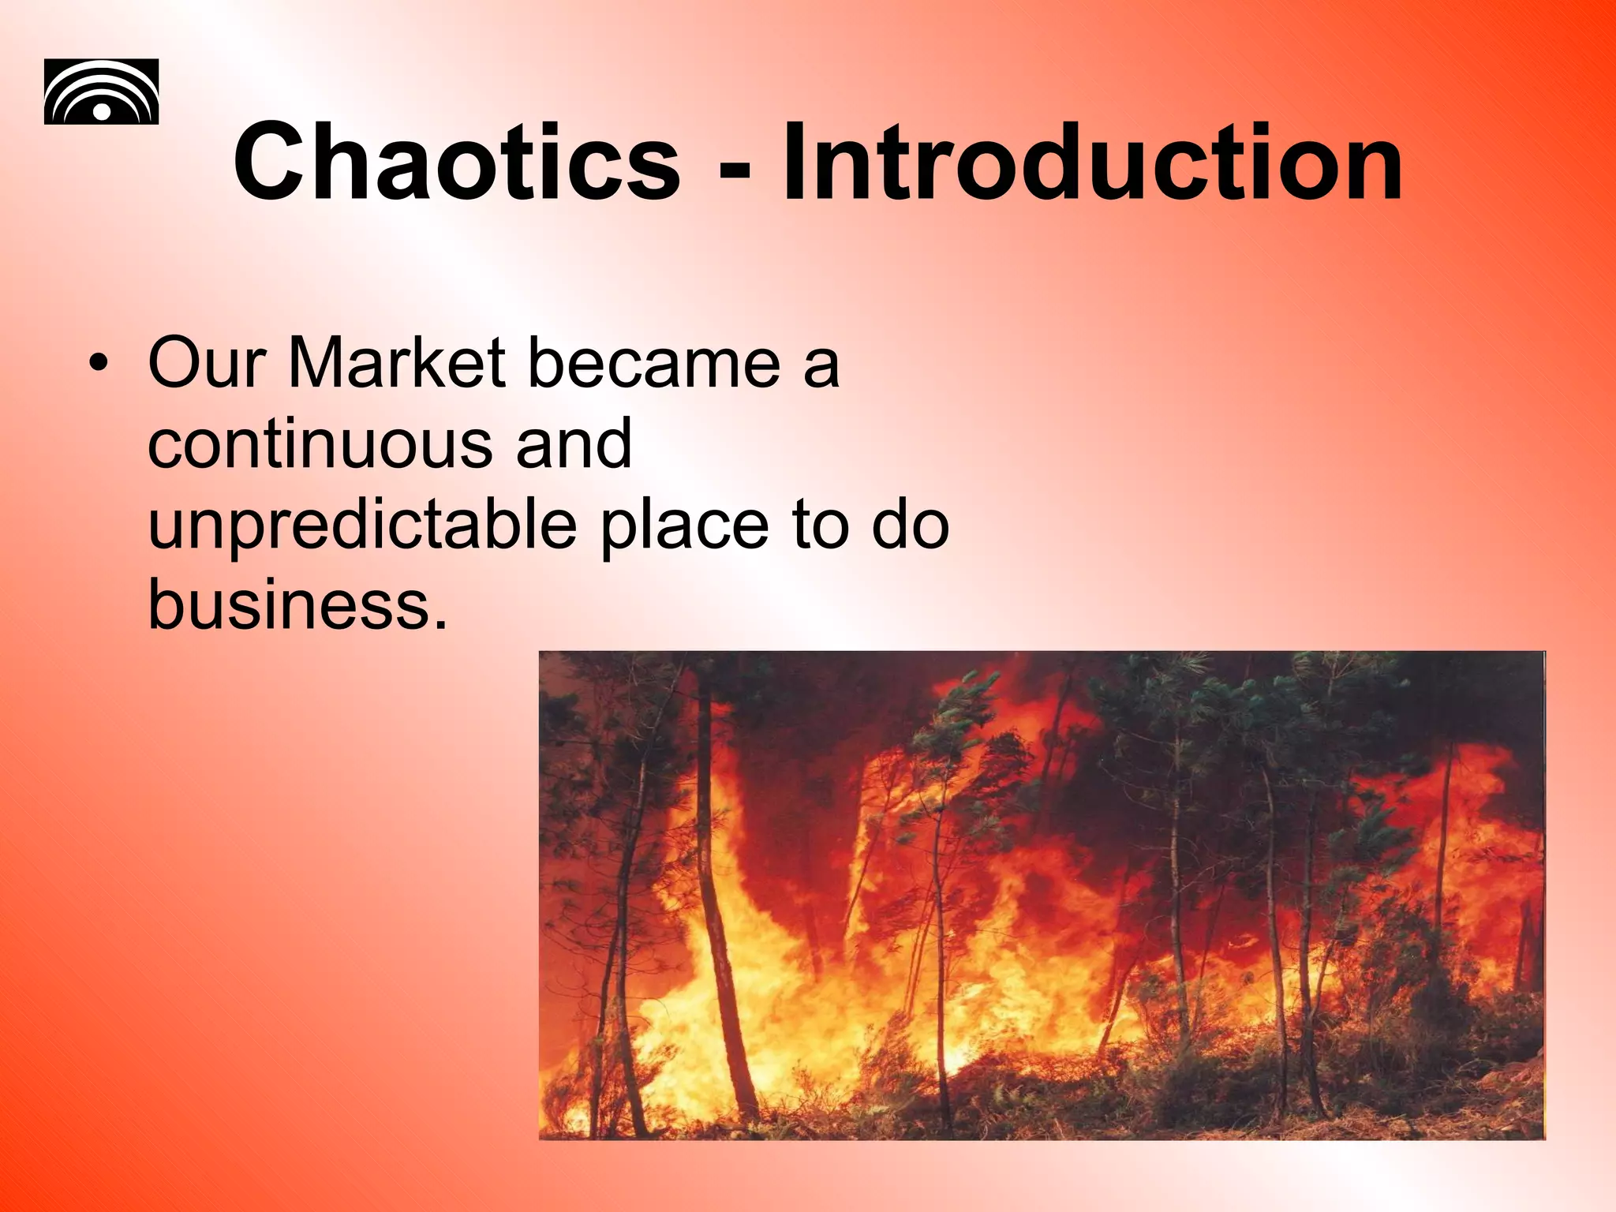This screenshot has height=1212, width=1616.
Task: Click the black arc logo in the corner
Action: tap(101, 92)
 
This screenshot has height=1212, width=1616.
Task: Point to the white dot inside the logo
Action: tap(102, 111)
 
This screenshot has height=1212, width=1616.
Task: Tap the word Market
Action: tap(397, 363)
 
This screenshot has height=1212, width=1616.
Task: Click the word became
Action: tap(654, 363)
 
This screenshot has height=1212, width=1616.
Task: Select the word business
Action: tap(289, 605)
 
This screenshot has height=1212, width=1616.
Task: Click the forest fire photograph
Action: tap(1042, 895)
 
